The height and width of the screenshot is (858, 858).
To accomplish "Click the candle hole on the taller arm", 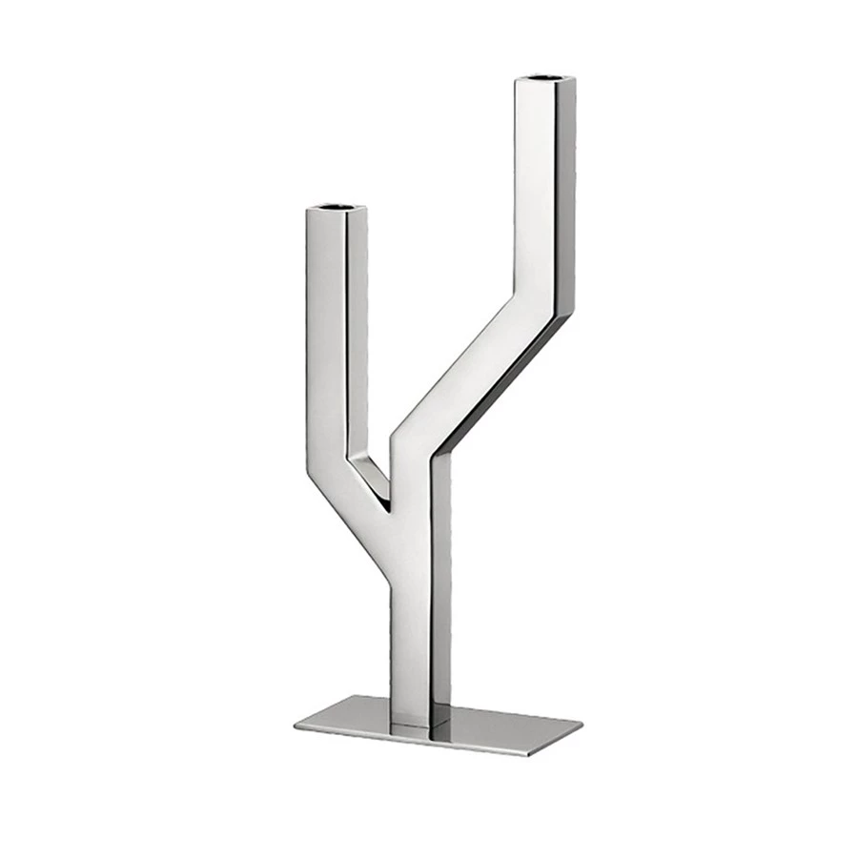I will pyautogui.click(x=545, y=75).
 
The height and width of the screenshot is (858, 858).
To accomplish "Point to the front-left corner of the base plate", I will pyautogui.click(x=296, y=726).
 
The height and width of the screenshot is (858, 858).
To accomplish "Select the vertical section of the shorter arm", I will pyautogui.click(x=324, y=334).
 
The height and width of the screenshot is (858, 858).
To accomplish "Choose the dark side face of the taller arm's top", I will pyautogui.click(x=566, y=191).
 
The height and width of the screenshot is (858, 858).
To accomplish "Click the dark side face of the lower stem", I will pyautogui.click(x=441, y=591).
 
